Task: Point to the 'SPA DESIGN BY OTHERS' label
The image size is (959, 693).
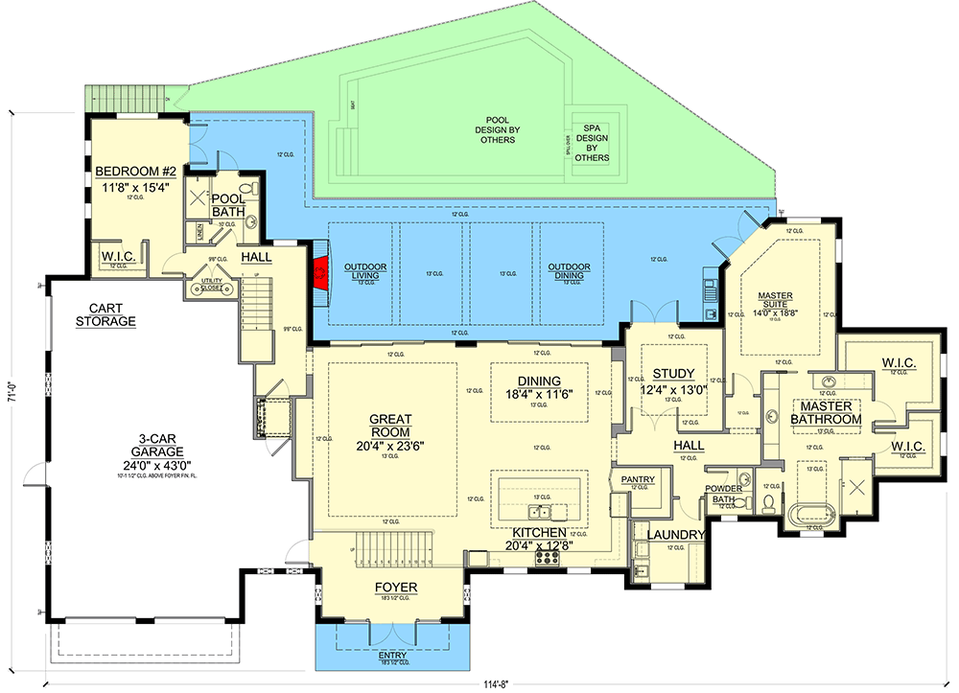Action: tap(591, 142)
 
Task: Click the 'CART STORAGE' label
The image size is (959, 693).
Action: tap(105, 314)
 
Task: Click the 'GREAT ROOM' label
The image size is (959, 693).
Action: tap(390, 426)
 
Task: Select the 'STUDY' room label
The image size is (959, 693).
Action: tap(673, 374)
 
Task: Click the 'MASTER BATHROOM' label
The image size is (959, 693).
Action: tap(826, 412)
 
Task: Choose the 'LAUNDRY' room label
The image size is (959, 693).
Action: tap(676, 535)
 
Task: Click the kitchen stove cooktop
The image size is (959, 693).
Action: tap(548, 556)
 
